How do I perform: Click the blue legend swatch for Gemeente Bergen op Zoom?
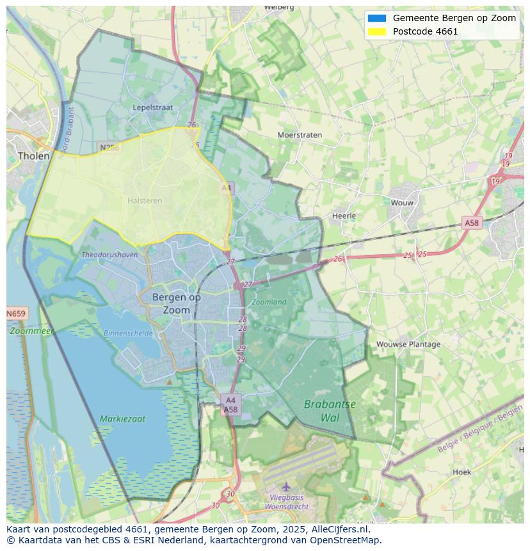click(377, 18)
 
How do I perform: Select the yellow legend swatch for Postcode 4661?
click(377, 31)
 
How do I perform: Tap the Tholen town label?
click(33, 156)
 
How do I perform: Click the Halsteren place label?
click(145, 200)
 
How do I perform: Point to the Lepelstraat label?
click(152, 108)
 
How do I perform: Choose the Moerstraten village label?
click(300, 135)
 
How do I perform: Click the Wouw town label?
click(403, 202)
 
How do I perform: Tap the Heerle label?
click(344, 216)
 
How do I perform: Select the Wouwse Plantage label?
click(408, 344)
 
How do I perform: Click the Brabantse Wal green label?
click(330, 411)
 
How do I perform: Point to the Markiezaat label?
click(122, 419)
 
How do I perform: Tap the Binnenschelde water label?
click(128, 333)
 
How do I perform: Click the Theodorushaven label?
click(109, 255)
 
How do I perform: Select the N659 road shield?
click(16, 314)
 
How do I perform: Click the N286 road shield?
click(109, 147)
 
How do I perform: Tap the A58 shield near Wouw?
click(471, 223)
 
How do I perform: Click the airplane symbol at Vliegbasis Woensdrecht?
click(286, 487)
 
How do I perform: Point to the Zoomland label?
click(269, 301)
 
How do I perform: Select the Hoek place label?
click(462, 472)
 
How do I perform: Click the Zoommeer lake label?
click(32, 331)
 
